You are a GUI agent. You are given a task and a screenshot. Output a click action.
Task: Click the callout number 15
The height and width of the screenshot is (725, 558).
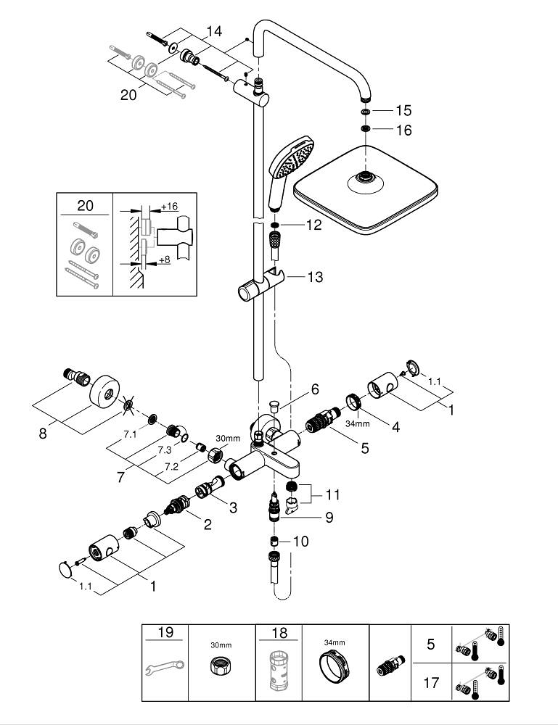click(403, 111)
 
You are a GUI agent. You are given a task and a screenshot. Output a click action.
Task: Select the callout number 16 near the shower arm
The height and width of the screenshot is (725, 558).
click(403, 130)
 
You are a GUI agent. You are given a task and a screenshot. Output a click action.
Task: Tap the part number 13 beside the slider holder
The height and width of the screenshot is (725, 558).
click(315, 277)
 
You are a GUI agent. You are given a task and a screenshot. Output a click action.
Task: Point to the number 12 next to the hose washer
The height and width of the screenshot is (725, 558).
click(313, 225)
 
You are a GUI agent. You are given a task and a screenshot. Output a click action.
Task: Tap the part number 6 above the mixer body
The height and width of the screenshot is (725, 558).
click(315, 389)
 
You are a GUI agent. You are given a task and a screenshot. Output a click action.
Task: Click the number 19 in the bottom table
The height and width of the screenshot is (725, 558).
click(165, 632)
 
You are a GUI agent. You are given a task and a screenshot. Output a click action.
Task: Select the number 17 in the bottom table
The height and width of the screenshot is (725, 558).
click(430, 682)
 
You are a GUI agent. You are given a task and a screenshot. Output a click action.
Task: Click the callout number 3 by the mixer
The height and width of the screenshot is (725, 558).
click(232, 508)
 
